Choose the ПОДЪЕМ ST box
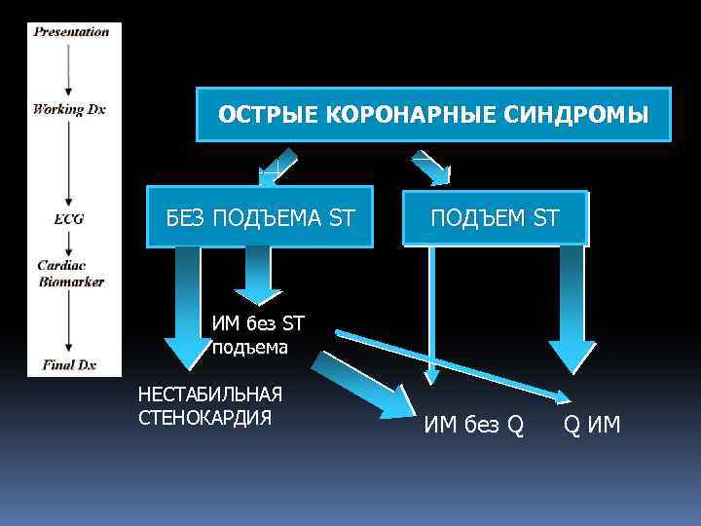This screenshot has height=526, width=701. tap(496, 216)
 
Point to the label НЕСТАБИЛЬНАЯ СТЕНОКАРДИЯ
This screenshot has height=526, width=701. tap(210, 405)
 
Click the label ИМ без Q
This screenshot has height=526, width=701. tap(473, 425)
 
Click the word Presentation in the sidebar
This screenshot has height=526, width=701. tap(71, 32)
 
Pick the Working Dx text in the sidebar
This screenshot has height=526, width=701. tap(69, 109)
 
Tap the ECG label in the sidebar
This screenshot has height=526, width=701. tap(69, 219)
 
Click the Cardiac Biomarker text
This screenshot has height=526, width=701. tap(70, 273)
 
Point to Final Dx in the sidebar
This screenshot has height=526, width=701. tap(69, 365)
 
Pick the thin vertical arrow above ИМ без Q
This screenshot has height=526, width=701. tap(427, 312)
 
